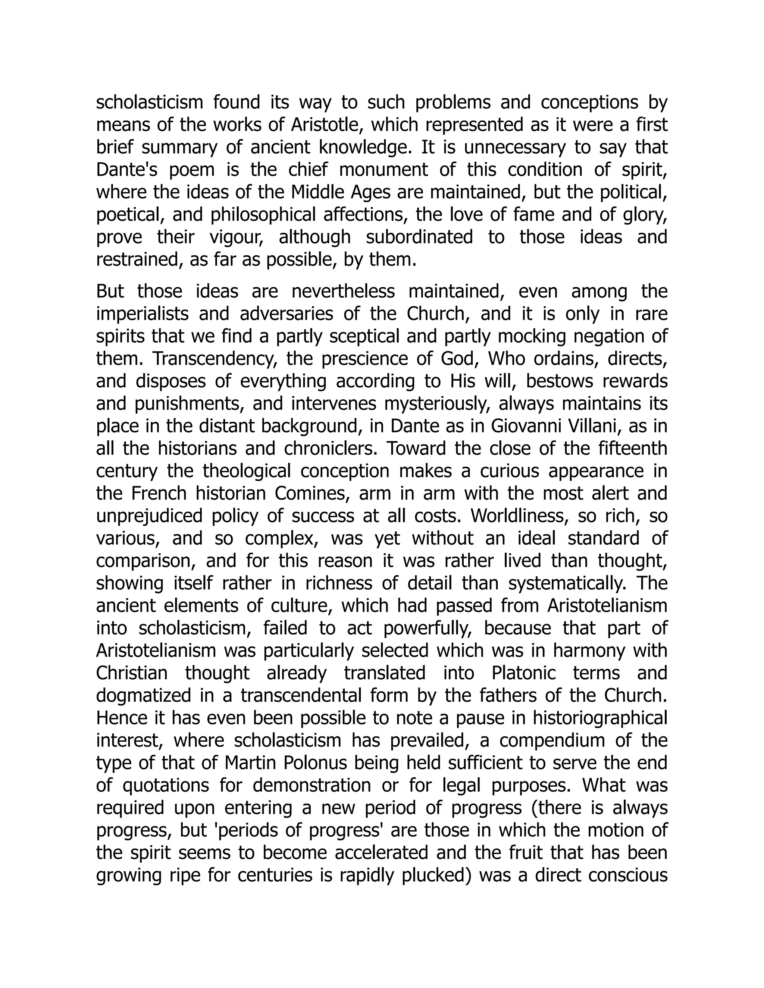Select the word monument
(x=383, y=170)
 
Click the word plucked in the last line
(x=437, y=875)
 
